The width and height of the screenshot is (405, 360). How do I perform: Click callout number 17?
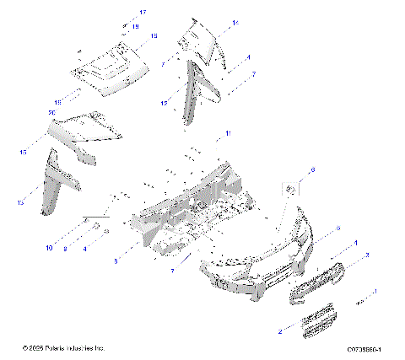click(143, 12)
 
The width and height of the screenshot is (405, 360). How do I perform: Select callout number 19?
click(135, 27)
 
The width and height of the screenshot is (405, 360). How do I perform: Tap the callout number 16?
click(154, 36)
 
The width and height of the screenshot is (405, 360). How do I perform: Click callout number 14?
click(235, 23)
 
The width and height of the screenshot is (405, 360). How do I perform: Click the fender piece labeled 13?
click(59, 181)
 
